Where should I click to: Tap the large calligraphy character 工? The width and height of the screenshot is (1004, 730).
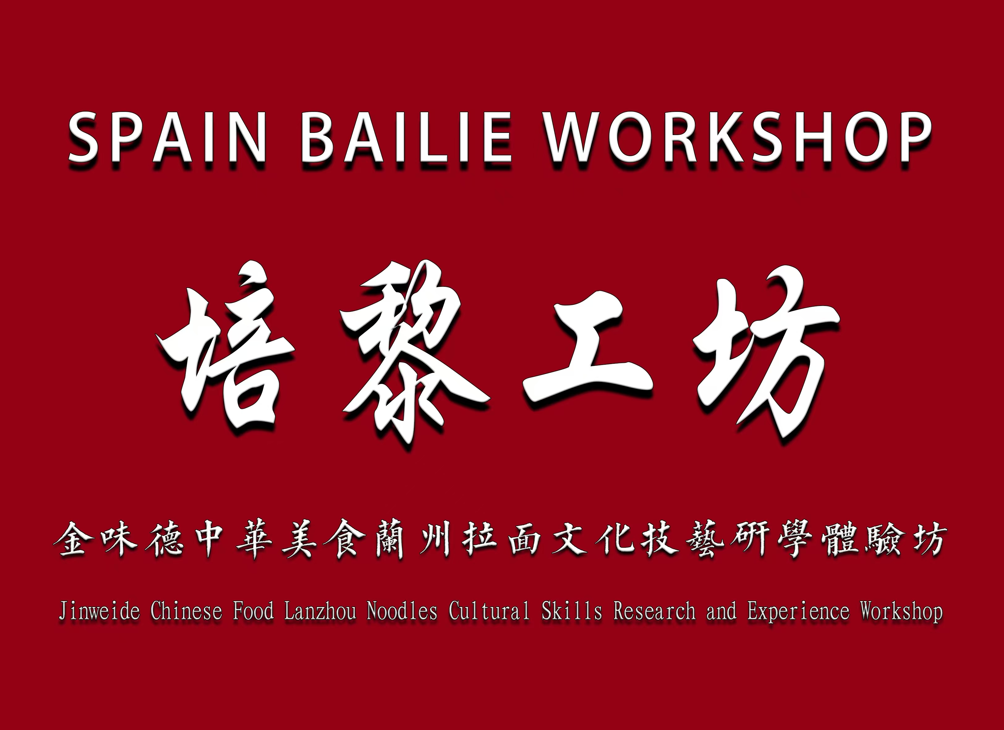(589, 350)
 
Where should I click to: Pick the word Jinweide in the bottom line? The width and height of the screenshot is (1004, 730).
(99, 612)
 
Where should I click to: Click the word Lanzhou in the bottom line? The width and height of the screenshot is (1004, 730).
(320, 612)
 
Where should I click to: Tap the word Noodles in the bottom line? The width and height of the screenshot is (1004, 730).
(402, 612)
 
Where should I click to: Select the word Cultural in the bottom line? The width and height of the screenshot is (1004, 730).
(489, 612)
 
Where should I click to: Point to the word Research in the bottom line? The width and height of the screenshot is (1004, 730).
(654, 612)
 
